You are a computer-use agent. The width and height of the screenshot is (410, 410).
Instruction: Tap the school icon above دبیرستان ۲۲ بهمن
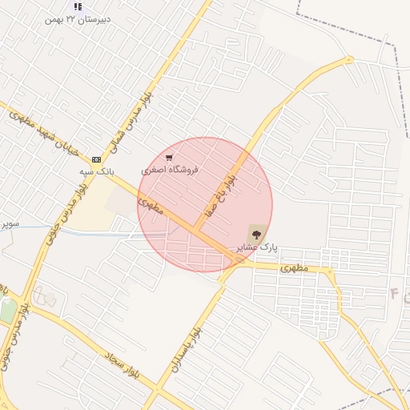point(78,6)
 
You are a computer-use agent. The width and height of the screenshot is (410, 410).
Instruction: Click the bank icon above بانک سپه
point(97,159)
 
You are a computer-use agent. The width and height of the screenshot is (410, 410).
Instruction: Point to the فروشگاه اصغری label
point(169,170)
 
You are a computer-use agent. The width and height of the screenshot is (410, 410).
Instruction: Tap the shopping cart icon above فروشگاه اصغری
point(168,158)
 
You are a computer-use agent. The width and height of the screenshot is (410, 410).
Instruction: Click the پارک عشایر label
point(256,248)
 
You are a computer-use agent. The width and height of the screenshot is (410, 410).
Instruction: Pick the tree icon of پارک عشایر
point(256,235)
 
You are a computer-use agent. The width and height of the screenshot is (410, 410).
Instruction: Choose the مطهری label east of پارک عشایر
point(294,268)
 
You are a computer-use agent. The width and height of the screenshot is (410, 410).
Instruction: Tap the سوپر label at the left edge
point(10,223)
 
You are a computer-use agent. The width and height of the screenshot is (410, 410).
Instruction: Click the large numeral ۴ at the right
point(394,294)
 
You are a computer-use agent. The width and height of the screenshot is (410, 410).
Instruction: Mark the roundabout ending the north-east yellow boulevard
point(349,60)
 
